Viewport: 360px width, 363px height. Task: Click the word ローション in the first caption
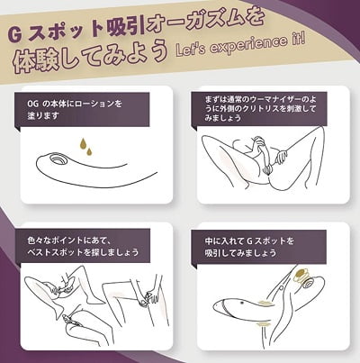click(99, 104)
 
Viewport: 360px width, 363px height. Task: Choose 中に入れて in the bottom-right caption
click(221, 240)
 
